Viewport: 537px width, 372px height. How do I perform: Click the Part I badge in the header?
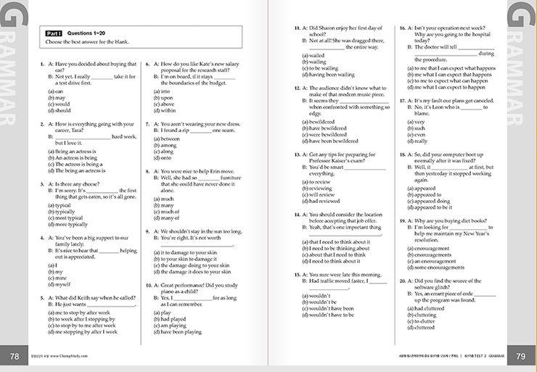pos(54,33)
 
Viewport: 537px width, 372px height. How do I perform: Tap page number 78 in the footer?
pos(14,355)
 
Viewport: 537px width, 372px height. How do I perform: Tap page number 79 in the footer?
pos(520,355)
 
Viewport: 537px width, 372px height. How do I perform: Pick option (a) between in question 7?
pos(167,138)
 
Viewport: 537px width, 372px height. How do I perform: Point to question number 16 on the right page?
pos(401,27)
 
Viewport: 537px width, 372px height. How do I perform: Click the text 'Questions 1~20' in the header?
pos(86,33)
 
